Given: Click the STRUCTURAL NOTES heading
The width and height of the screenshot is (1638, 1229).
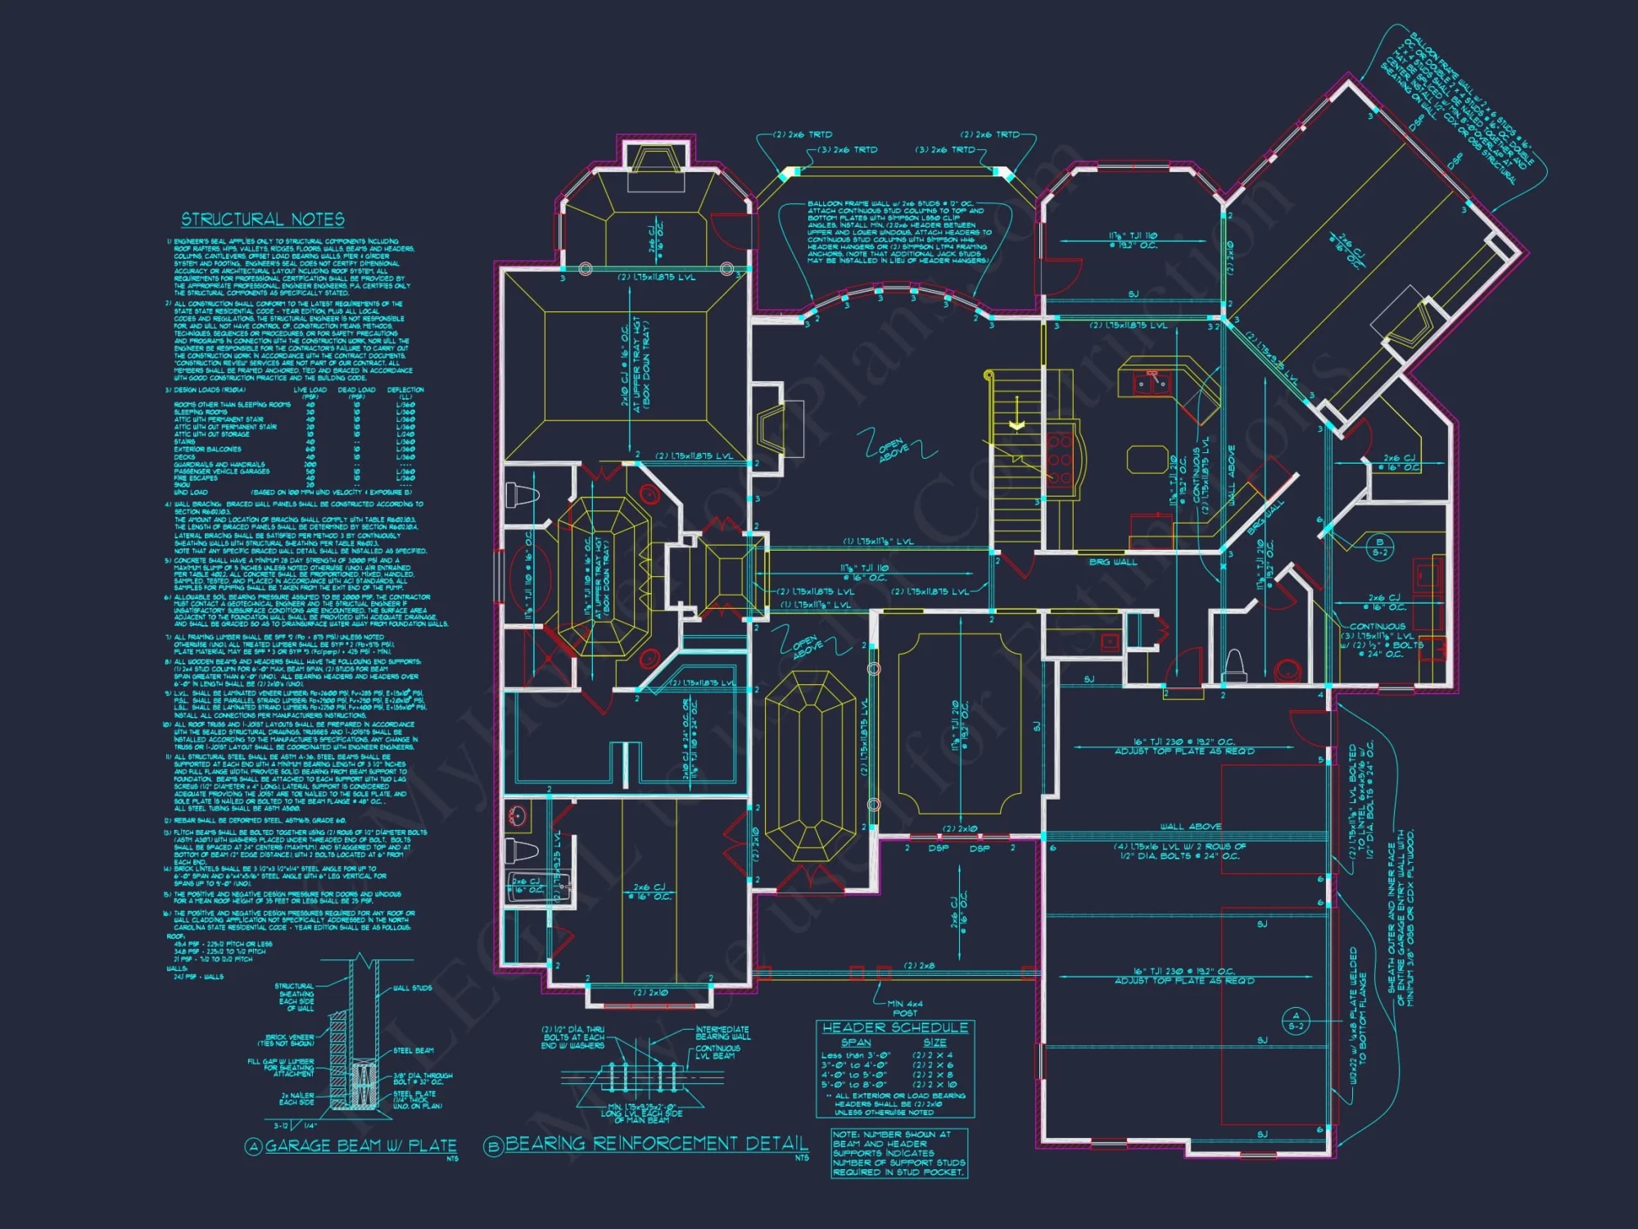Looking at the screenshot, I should [263, 220].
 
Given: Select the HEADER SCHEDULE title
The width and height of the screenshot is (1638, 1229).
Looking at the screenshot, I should [895, 1027].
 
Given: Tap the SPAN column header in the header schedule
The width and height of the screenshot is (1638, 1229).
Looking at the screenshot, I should [856, 1042].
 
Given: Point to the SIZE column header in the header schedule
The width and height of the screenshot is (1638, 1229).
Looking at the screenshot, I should [934, 1042].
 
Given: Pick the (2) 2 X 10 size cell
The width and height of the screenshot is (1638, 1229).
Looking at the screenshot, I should [933, 1085].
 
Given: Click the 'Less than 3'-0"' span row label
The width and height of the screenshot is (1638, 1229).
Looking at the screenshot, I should [856, 1055].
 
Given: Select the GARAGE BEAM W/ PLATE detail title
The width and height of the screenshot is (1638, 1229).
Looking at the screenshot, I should [361, 1145].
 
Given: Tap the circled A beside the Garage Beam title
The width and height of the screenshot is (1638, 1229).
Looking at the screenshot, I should [254, 1146].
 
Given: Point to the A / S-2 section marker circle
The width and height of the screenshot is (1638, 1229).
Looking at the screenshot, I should [1296, 1021].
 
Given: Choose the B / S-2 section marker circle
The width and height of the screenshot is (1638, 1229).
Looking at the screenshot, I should [1380, 546].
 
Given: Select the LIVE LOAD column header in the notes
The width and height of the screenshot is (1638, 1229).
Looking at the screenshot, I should [310, 390].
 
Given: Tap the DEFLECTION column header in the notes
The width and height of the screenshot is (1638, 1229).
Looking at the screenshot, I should [405, 390].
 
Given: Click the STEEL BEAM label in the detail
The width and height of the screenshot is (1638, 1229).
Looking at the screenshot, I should [414, 1050].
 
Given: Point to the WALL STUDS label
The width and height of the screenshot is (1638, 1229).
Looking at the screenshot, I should [412, 988].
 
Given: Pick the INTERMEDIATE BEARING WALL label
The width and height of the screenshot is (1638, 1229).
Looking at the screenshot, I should [722, 1033].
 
